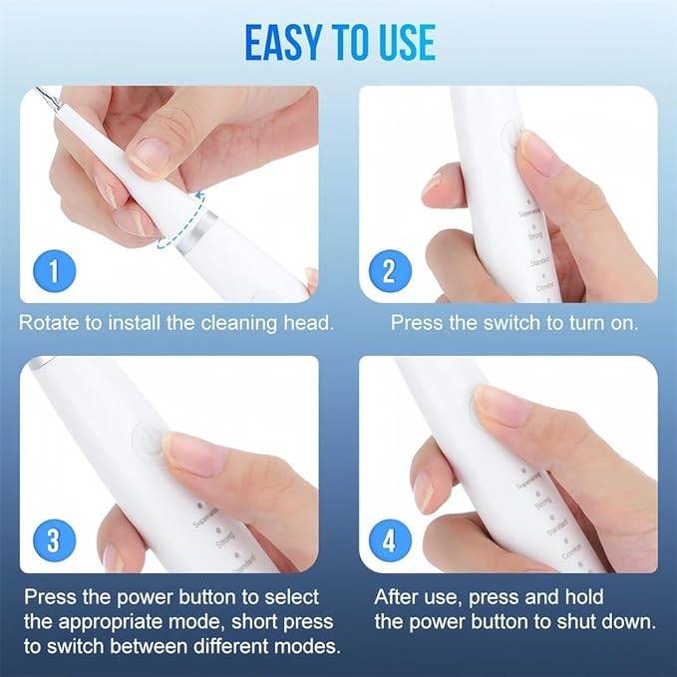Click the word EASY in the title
(x=282, y=41)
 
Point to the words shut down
(x=611, y=622)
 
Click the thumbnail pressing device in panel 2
(x=539, y=156)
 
